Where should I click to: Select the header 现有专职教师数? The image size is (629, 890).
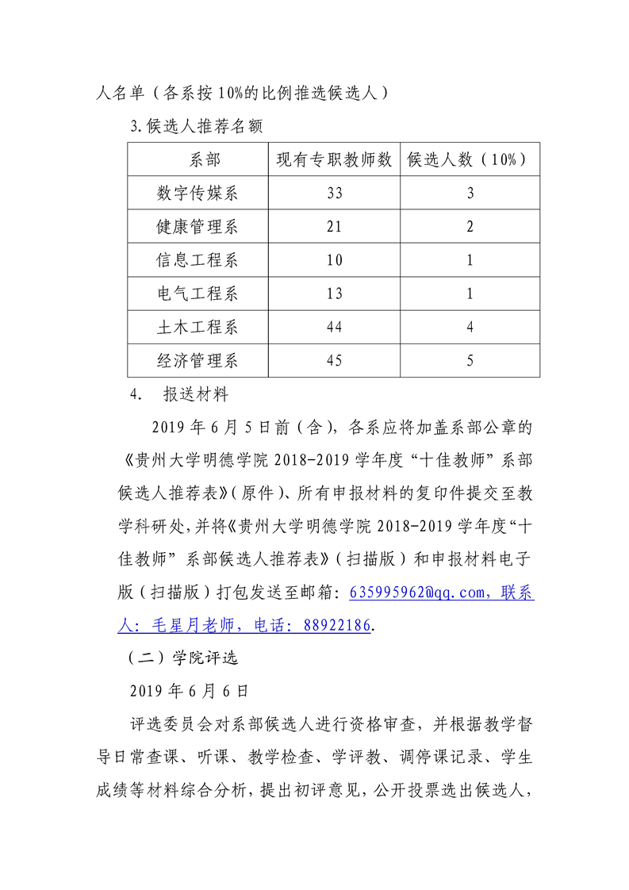point(334,159)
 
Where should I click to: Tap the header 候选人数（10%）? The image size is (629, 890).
point(470,159)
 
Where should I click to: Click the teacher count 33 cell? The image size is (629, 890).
point(334,194)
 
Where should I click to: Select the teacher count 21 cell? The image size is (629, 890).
point(334,227)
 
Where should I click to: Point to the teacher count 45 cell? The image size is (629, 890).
point(334,361)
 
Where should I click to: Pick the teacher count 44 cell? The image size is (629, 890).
point(334,327)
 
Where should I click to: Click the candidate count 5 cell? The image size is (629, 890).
point(470,361)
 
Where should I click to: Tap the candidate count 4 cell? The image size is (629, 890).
point(470,327)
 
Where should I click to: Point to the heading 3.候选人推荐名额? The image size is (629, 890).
point(196,126)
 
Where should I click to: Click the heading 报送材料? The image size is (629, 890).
point(195,394)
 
